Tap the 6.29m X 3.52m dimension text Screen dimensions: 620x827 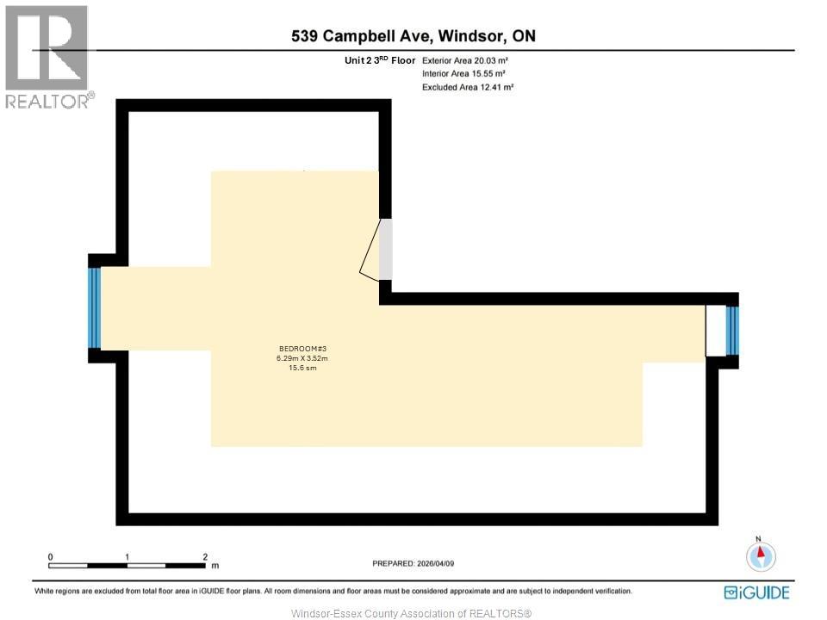302,357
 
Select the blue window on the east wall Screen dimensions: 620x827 732,331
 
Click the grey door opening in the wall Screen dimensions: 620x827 386,249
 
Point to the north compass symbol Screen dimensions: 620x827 760,555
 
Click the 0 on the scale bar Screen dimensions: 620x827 51,557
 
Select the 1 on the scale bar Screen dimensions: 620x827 127,557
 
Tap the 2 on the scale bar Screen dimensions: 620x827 205,557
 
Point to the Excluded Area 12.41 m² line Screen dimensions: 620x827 468,87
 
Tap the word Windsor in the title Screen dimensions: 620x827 472,36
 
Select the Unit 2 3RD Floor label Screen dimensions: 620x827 379,61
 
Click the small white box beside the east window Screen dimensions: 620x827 715,331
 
